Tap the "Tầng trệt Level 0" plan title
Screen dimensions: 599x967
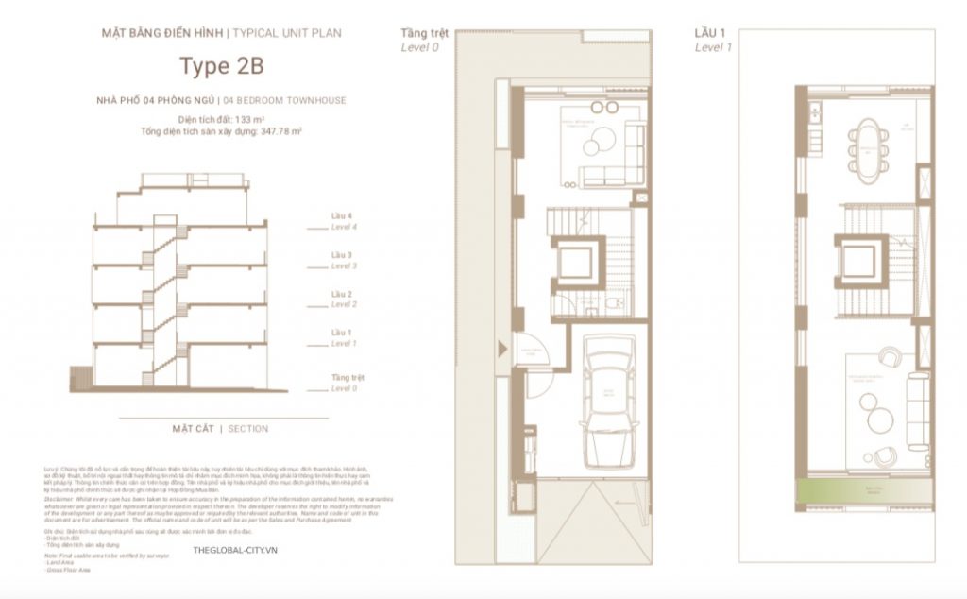(420, 39)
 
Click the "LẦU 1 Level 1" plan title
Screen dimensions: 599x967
(713, 39)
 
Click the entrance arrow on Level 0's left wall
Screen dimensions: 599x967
(501, 349)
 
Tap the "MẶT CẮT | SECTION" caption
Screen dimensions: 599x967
(220, 429)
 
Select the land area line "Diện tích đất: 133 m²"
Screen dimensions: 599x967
(221, 120)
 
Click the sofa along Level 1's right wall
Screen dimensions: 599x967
(917, 410)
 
